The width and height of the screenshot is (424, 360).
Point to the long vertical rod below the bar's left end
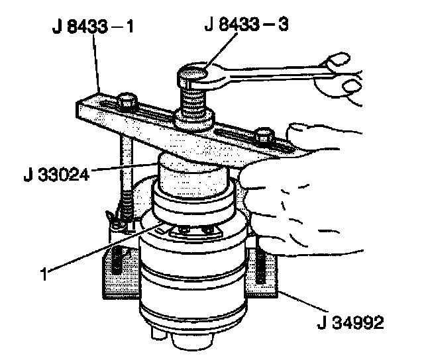click(x=124, y=172)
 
